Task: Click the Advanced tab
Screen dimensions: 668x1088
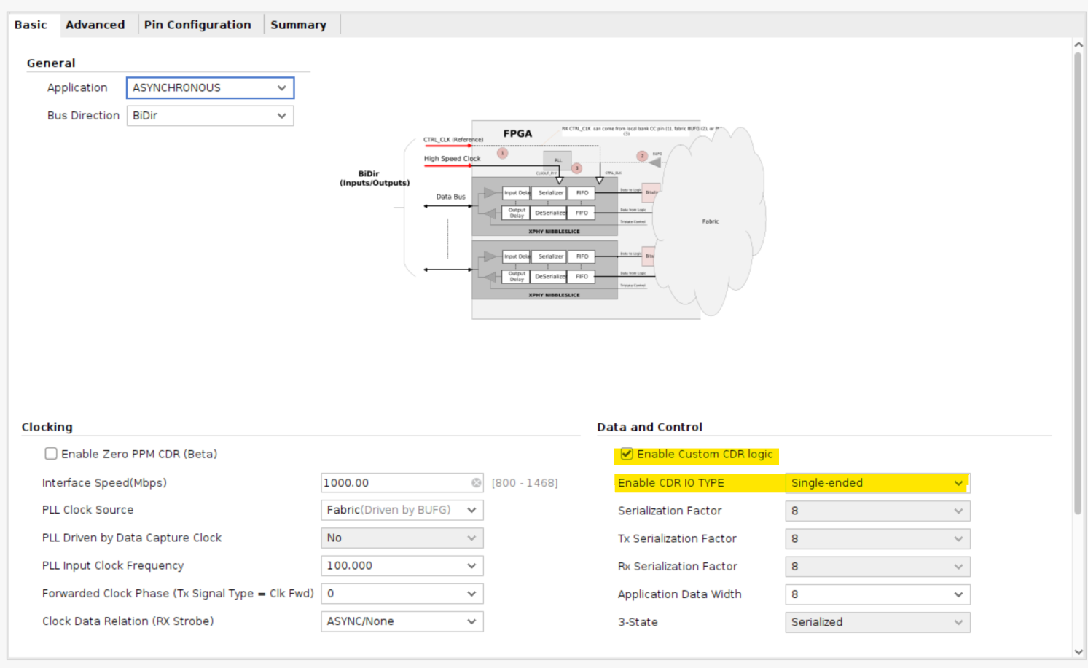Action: click(x=95, y=25)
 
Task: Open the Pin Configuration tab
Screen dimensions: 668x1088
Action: click(x=197, y=25)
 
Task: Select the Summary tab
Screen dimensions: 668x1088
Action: click(x=298, y=25)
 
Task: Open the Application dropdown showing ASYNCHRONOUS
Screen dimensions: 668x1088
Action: click(x=210, y=87)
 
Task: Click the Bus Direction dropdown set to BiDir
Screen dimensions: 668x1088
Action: click(x=210, y=116)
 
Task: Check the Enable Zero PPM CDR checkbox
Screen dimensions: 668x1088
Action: click(x=51, y=454)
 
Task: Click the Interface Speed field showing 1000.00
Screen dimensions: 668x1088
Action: click(x=394, y=483)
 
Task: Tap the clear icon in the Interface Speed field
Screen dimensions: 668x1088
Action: click(x=476, y=483)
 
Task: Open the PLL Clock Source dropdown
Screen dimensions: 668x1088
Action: click(x=402, y=510)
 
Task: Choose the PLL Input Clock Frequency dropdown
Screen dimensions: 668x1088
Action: click(x=402, y=566)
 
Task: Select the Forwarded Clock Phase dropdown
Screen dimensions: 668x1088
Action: click(x=402, y=594)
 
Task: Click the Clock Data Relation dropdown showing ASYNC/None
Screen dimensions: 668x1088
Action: click(x=402, y=621)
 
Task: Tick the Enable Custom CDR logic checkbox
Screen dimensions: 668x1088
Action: click(x=627, y=454)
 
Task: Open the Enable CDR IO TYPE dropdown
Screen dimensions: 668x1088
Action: click(x=877, y=483)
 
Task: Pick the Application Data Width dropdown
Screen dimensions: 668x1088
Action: click(x=877, y=594)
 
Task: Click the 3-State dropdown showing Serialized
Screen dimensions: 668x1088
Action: click(x=877, y=622)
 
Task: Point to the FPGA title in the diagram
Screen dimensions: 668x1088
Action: click(x=517, y=134)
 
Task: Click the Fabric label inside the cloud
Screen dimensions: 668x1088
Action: click(x=711, y=221)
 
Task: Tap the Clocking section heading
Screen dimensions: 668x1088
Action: click(x=47, y=427)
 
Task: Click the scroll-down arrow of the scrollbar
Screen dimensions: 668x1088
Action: click(x=1079, y=652)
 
